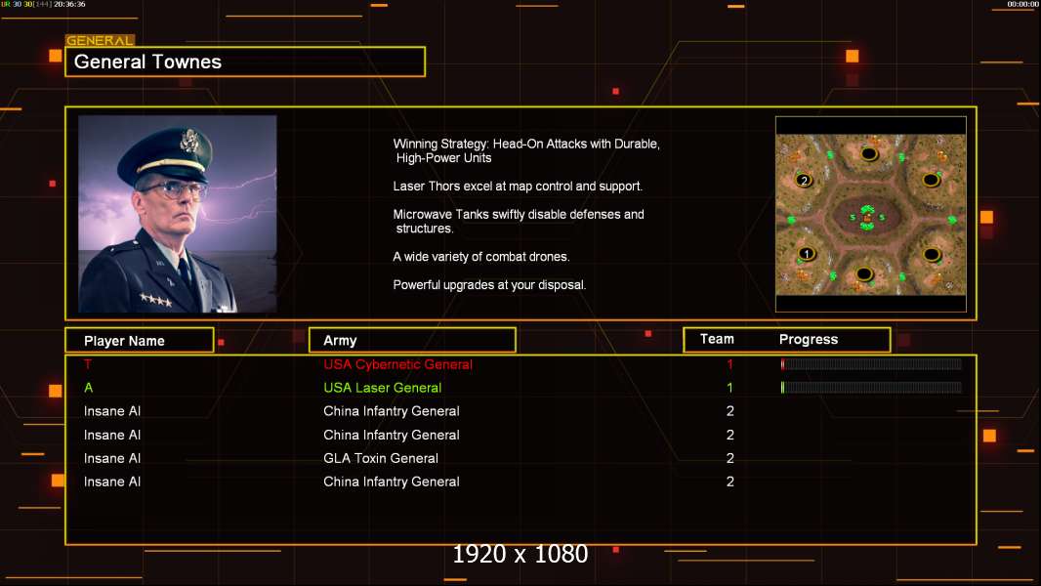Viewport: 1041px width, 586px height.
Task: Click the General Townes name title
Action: tap(147, 62)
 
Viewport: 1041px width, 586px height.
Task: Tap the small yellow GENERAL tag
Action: tap(101, 40)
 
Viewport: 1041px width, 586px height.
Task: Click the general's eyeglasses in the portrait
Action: tap(174, 190)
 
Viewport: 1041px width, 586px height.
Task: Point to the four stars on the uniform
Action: tap(156, 301)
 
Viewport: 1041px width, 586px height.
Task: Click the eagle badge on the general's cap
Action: tap(190, 140)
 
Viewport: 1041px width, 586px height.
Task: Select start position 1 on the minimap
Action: tap(806, 254)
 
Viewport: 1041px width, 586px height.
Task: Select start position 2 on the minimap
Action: tap(804, 181)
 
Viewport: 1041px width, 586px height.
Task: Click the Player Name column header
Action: tap(124, 341)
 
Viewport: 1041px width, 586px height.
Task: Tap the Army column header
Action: tap(340, 341)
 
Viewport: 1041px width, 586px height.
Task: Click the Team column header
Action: tap(717, 339)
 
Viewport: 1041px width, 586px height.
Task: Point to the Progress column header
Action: tap(808, 339)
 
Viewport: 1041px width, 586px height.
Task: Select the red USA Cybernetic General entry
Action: tap(397, 364)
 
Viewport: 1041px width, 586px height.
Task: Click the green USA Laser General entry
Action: tap(383, 388)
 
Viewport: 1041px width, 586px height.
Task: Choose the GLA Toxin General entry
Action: tap(381, 458)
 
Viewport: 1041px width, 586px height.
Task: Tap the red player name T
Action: tap(88, 363)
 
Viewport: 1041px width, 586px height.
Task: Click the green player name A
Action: tap(88, 388)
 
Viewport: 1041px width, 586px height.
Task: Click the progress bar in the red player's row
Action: tap(871, 363)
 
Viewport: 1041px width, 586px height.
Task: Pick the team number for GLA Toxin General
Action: tap(730, 458)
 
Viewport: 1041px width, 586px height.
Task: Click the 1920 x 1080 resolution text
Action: tap(520, 554)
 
